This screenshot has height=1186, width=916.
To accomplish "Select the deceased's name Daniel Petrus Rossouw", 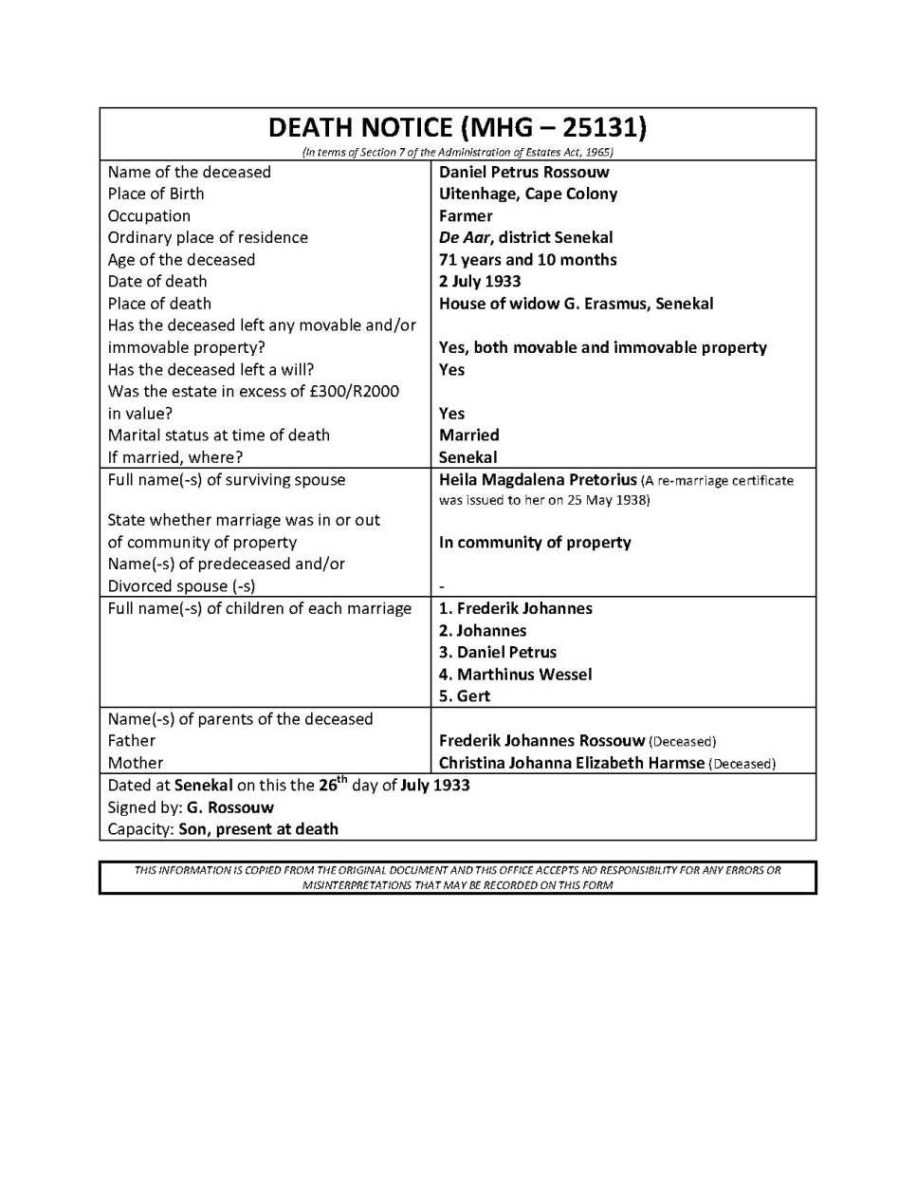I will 523,172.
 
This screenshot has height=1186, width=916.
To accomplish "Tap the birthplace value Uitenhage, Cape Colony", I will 527,194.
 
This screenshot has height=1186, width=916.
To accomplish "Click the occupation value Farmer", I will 466,215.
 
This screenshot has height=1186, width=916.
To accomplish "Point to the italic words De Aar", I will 465,237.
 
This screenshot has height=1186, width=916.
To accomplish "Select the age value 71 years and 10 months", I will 527,259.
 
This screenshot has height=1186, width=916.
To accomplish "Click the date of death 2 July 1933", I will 480,281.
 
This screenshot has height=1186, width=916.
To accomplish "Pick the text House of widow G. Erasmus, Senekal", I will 576,304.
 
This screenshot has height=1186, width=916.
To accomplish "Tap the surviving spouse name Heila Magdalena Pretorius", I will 538,480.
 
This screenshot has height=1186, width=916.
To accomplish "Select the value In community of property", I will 535,543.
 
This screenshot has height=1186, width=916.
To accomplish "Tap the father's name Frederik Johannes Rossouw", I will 541,741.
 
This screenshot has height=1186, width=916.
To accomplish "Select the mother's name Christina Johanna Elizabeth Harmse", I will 572,763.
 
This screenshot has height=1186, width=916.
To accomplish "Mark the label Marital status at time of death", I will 218,435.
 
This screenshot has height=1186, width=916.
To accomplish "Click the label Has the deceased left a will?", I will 211,369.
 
